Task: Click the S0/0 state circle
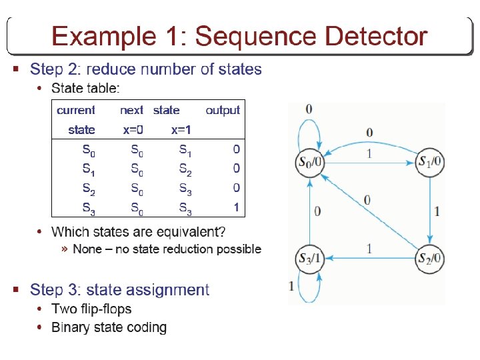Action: [x=309, y=162]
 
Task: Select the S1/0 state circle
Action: [x=431, y=161]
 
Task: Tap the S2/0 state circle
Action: [x=431, y=258]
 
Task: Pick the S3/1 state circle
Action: [x=309, y=258]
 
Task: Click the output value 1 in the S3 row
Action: [x=236, y=208]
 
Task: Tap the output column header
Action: [x=223, y=110]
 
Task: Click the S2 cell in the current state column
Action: [x=88, y=189]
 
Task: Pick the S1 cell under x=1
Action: [x=185, y=151]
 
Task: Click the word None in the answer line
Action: [x=87, y=249]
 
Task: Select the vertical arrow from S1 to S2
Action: [x=431, y=209]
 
